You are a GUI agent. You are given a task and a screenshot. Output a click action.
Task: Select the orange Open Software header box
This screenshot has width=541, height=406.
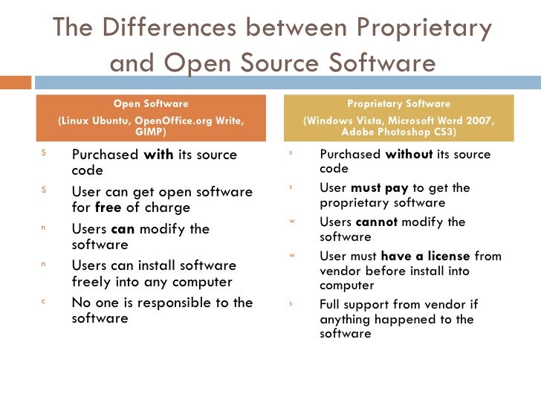tap(150, 117)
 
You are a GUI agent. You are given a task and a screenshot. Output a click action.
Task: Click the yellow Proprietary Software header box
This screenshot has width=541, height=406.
tap(398, 117)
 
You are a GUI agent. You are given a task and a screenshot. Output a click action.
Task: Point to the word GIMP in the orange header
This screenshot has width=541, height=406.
tap(151, 132)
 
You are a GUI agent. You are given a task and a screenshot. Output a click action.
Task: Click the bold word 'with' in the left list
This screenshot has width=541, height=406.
tap(158, 155)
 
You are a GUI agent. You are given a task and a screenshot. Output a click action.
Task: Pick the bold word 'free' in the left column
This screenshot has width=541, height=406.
tap(108, 207)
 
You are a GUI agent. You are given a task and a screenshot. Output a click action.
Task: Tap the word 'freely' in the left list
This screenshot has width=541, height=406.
tap(91, 281)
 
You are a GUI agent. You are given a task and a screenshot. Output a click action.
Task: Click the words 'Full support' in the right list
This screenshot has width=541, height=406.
tap(350, 304)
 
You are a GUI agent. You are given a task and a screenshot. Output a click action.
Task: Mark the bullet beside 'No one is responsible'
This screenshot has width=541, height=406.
tap(43, 301)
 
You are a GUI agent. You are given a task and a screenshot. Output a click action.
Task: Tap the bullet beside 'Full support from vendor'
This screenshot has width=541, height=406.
tap(292, 303)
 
